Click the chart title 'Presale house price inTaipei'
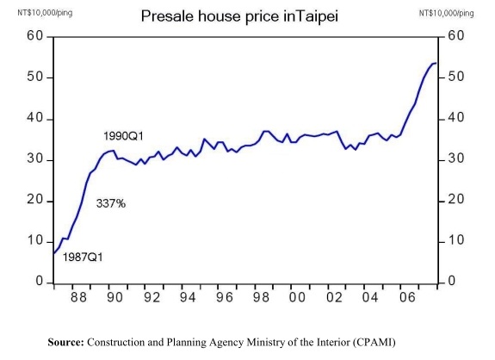click(x=244, y=16)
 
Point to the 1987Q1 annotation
click(x=83, y=256)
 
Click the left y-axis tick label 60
click(x=34, y=37)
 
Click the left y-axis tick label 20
click(x=34, y=201)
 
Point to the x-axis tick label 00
click(x=298, y=298)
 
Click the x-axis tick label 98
click(x=261, y=298)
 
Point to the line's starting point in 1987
click(x=53, y=253)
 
